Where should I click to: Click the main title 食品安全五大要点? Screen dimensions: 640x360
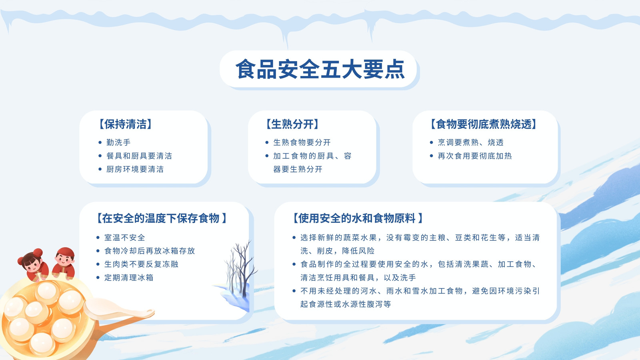[x=320, y=69]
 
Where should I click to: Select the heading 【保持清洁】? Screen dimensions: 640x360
[x=126, y=124]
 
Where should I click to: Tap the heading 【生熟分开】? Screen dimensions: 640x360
[x=292, y=124]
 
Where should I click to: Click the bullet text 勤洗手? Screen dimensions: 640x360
[x=118, y=142]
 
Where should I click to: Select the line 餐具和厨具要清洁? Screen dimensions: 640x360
[x=139, y=156]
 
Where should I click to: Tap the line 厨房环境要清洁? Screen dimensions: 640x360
[x=135, y=169]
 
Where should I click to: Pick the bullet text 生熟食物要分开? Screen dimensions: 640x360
[x=302, y=142]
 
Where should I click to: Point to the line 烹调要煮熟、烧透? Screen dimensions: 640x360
[x=470, y=142]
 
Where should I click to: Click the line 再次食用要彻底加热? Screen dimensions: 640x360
[x=475, y=156]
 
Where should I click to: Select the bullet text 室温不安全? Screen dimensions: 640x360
[x=125, y=238]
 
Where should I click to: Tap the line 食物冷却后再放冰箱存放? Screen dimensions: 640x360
[x=150, y=251]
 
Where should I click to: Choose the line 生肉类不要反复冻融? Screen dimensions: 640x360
[x=142, y=264]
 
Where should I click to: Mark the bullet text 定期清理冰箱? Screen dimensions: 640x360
[x=129, y=278]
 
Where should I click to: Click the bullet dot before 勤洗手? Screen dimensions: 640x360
[x=100, y=142]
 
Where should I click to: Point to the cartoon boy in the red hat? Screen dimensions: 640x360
[x=64, y=263]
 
